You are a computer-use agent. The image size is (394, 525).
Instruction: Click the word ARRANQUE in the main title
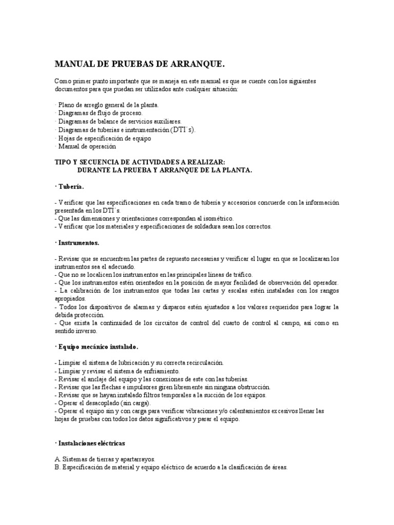click(x=198, y=65)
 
